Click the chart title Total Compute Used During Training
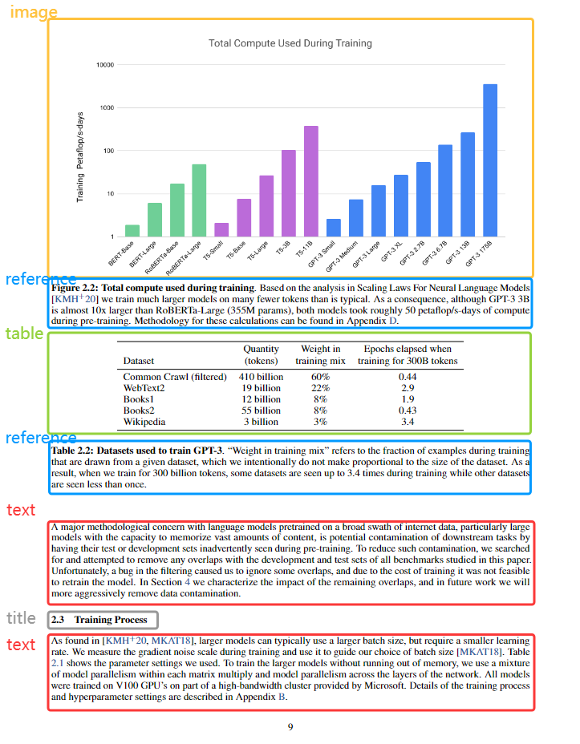290,43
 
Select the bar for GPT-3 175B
490,160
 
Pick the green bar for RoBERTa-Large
199,200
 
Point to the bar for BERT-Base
132,231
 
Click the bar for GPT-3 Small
334,228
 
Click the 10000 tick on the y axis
104,65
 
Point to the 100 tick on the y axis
108,151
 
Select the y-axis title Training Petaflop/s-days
80,156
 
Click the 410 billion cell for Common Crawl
261,377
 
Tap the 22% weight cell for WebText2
320,388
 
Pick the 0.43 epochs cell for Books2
408,410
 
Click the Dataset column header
139,362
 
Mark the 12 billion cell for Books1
261,399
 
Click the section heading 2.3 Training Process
99,620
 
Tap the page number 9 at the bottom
290,726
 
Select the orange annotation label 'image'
33,12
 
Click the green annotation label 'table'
24,334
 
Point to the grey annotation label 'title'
21,618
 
